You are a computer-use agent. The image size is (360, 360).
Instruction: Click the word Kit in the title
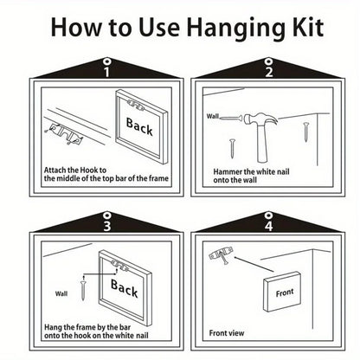tap(308, 27)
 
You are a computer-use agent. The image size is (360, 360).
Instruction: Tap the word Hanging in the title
tap(236, 29)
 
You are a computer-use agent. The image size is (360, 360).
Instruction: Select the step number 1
tap(106, 72)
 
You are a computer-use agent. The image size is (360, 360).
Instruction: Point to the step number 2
tap(269, 72)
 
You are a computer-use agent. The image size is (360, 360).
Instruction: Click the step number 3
tap(107, 226)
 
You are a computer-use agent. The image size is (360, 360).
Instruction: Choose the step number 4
tap(268, 226)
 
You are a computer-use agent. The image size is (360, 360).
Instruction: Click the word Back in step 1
tap(139, 126)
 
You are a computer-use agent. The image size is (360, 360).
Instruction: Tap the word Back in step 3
tap(125, 288)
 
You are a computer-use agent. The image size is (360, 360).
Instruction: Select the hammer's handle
tap(263, 144)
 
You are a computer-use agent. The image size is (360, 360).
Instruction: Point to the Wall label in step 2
tap(213, 116)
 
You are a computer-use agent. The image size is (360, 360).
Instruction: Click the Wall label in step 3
tap(61, 293)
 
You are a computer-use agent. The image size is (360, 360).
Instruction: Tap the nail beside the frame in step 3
tap(84, 287)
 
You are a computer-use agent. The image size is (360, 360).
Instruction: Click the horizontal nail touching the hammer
tap(231, 118)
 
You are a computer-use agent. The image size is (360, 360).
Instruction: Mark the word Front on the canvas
tap(285, 292)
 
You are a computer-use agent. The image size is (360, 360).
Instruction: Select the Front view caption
tap(227, 333)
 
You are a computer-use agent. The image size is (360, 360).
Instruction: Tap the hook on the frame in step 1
tap(134, 105)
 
